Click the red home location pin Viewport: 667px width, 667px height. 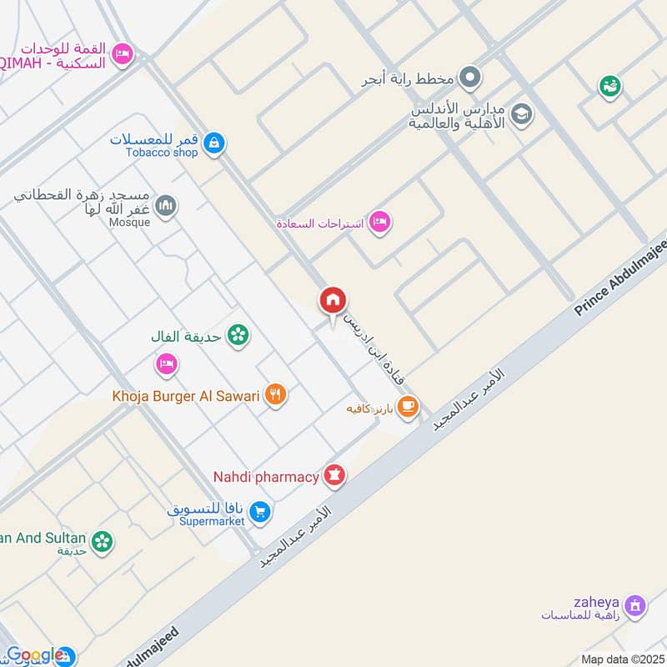333,300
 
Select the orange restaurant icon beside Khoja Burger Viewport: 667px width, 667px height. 276,394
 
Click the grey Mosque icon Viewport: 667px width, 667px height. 167,205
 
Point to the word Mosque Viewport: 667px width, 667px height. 130,223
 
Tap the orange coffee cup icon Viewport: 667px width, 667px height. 407,406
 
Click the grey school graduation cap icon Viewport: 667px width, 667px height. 522,114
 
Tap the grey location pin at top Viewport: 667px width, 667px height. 470,79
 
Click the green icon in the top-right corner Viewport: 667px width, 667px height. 609,85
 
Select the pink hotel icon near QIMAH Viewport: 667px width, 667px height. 123,53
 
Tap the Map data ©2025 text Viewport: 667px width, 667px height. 622,659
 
